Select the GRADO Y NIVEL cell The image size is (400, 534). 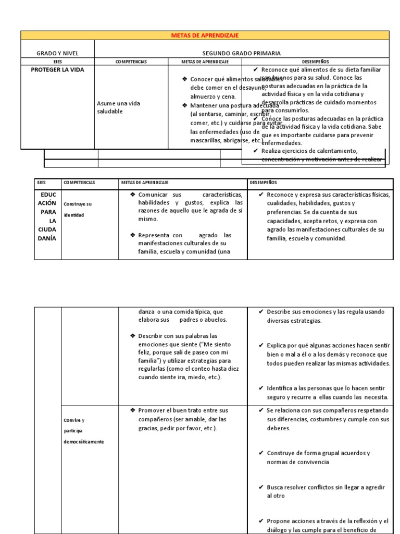[57, 53]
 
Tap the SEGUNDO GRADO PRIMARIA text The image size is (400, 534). [241, 53]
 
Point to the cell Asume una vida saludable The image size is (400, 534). [118, 107]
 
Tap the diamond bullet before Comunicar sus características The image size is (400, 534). [133, 195]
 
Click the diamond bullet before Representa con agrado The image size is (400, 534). [133, 235]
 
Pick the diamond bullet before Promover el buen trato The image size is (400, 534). [133, 410]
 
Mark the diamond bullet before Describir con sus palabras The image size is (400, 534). [133, 335]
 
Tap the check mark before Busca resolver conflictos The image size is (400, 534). [261, 487]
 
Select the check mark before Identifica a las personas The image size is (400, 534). [261, 387]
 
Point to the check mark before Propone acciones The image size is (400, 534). [261, 521]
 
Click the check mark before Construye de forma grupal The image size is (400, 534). [261, 453]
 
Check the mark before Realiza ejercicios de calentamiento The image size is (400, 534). [255, 151]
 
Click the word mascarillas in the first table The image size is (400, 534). [207, 140]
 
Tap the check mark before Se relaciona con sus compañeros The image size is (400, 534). [261, 410]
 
